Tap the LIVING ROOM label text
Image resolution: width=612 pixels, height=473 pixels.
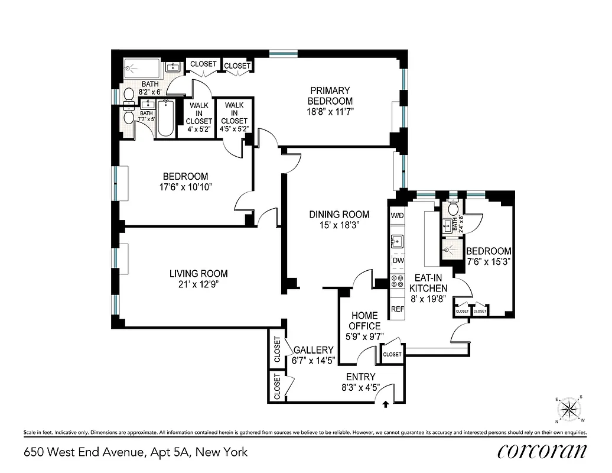click(198, 274)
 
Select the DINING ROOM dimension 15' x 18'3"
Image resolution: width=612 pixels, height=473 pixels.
click(339, 225)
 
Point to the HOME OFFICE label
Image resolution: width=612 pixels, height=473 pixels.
click(364, 320)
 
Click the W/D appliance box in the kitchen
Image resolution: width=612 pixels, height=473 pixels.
click(397, 216)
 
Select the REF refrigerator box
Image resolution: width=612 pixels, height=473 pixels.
click(397, 309)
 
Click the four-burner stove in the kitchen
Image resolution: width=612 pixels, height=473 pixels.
click(397, 282)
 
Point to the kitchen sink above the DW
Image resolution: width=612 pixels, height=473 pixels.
click(397, 241)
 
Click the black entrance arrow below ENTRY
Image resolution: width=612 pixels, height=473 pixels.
click(386, 405)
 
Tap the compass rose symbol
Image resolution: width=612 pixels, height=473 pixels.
click(570, 409)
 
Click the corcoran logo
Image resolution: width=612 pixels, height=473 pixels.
click(542, 452)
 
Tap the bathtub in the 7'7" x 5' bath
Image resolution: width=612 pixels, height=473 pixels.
click(166, 118)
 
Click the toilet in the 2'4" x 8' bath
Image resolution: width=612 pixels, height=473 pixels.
click(454, 209)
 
